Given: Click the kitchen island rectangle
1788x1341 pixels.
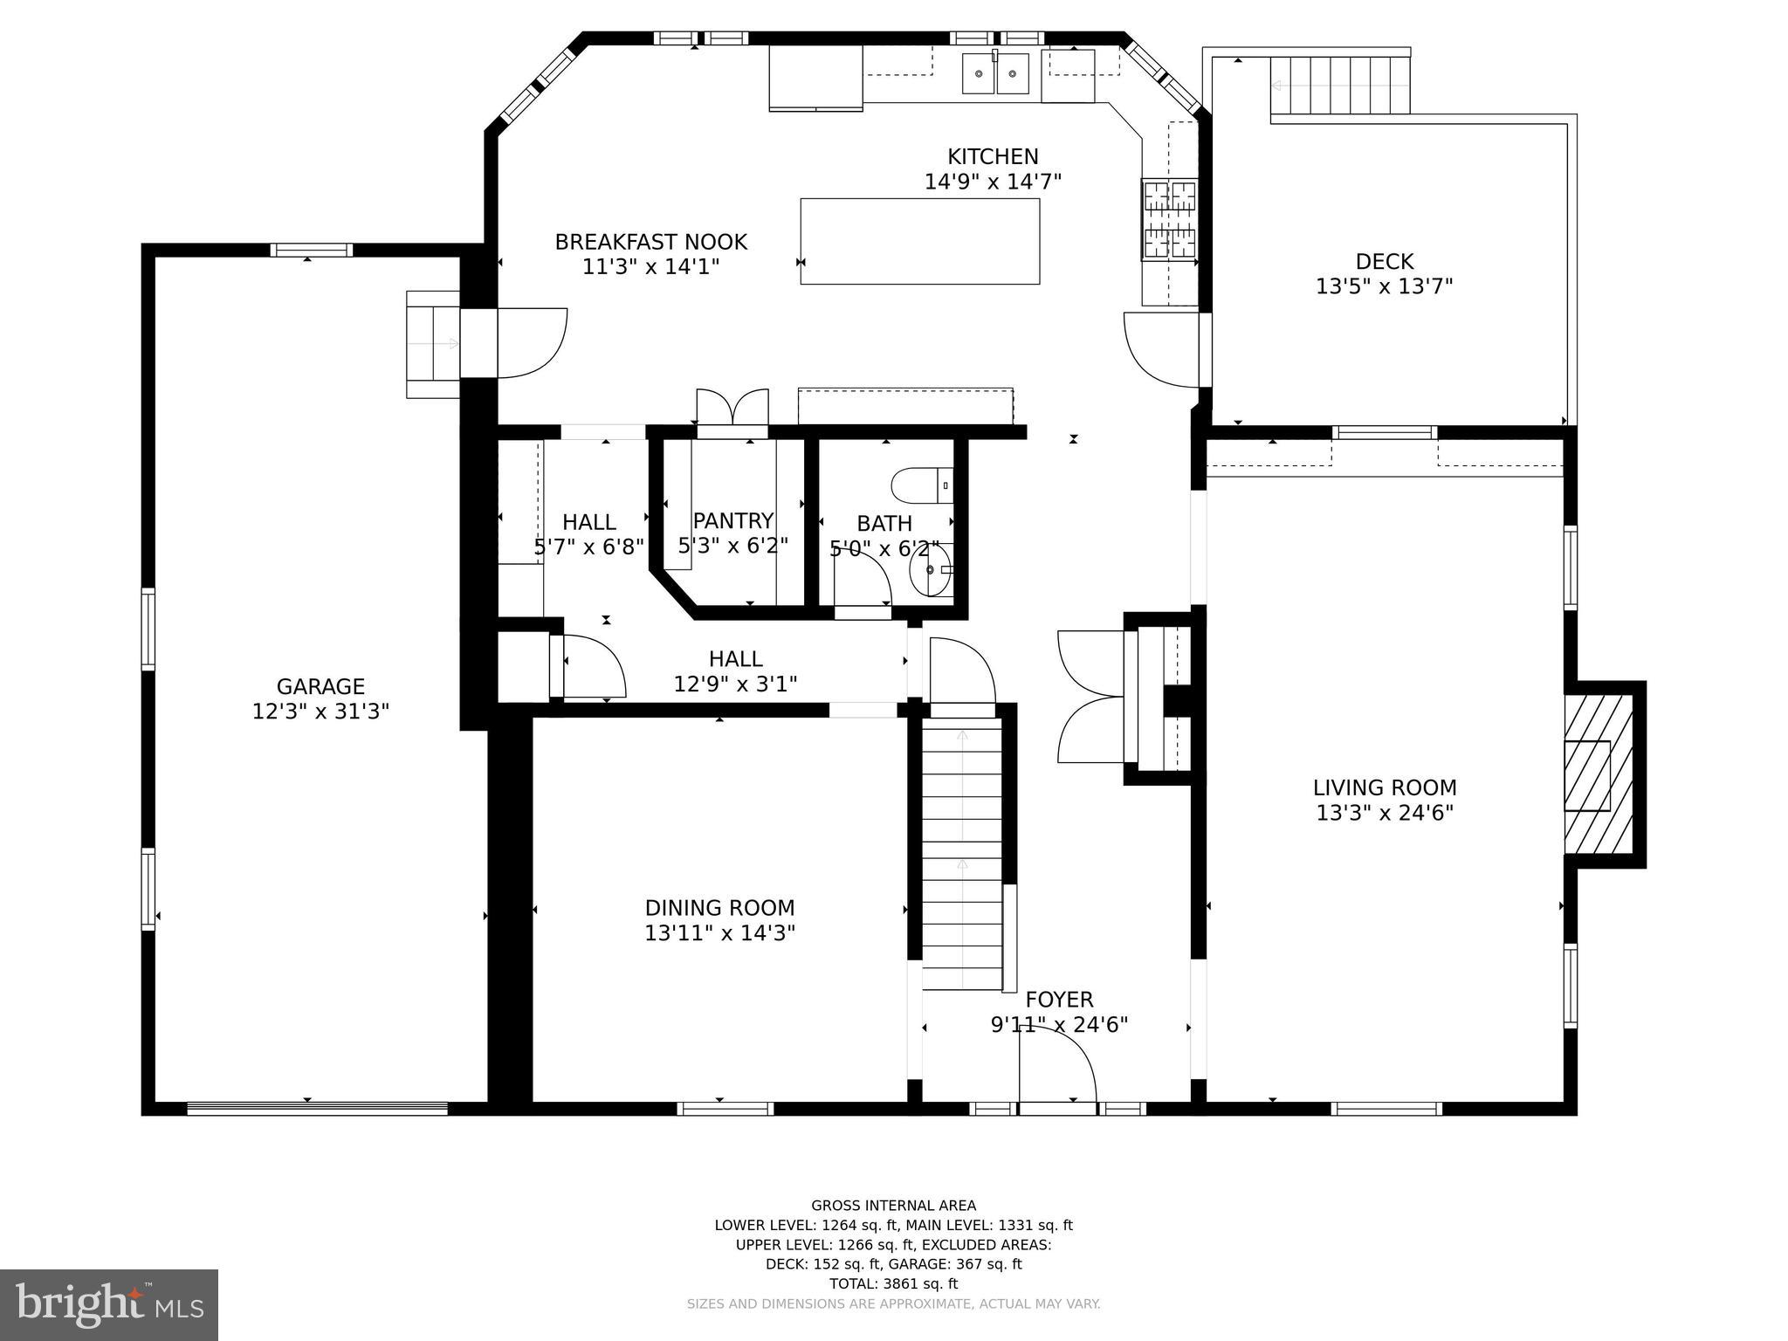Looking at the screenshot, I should point(919,241).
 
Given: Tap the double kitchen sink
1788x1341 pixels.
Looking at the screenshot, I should point(996,73).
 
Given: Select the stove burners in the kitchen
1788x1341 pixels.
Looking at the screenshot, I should point(1169,220).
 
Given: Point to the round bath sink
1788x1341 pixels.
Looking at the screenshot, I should point(931,569).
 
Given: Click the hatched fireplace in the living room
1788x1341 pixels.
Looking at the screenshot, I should point(1598,774).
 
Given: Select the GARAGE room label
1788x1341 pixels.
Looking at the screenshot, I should point(320,687).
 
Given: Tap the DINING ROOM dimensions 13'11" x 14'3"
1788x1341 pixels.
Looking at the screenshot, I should point(719,933).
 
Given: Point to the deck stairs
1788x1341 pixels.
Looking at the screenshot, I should point(1339,85).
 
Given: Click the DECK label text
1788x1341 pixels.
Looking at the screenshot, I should point(1385,262).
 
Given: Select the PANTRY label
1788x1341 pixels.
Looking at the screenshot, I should point(733,521).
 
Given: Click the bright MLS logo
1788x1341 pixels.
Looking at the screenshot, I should point(108,1304).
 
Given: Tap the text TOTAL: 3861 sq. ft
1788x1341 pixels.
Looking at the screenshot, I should point(893,1283).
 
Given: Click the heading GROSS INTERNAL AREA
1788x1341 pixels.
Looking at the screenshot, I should point(893,1206).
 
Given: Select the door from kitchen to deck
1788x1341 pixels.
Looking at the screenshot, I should point(1162,349).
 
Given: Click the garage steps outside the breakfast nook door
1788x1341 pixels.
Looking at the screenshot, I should point(433,344).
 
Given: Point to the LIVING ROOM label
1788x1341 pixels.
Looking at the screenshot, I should point(1385,787).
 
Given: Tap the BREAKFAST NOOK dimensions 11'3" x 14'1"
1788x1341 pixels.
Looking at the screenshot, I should point(650,266).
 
